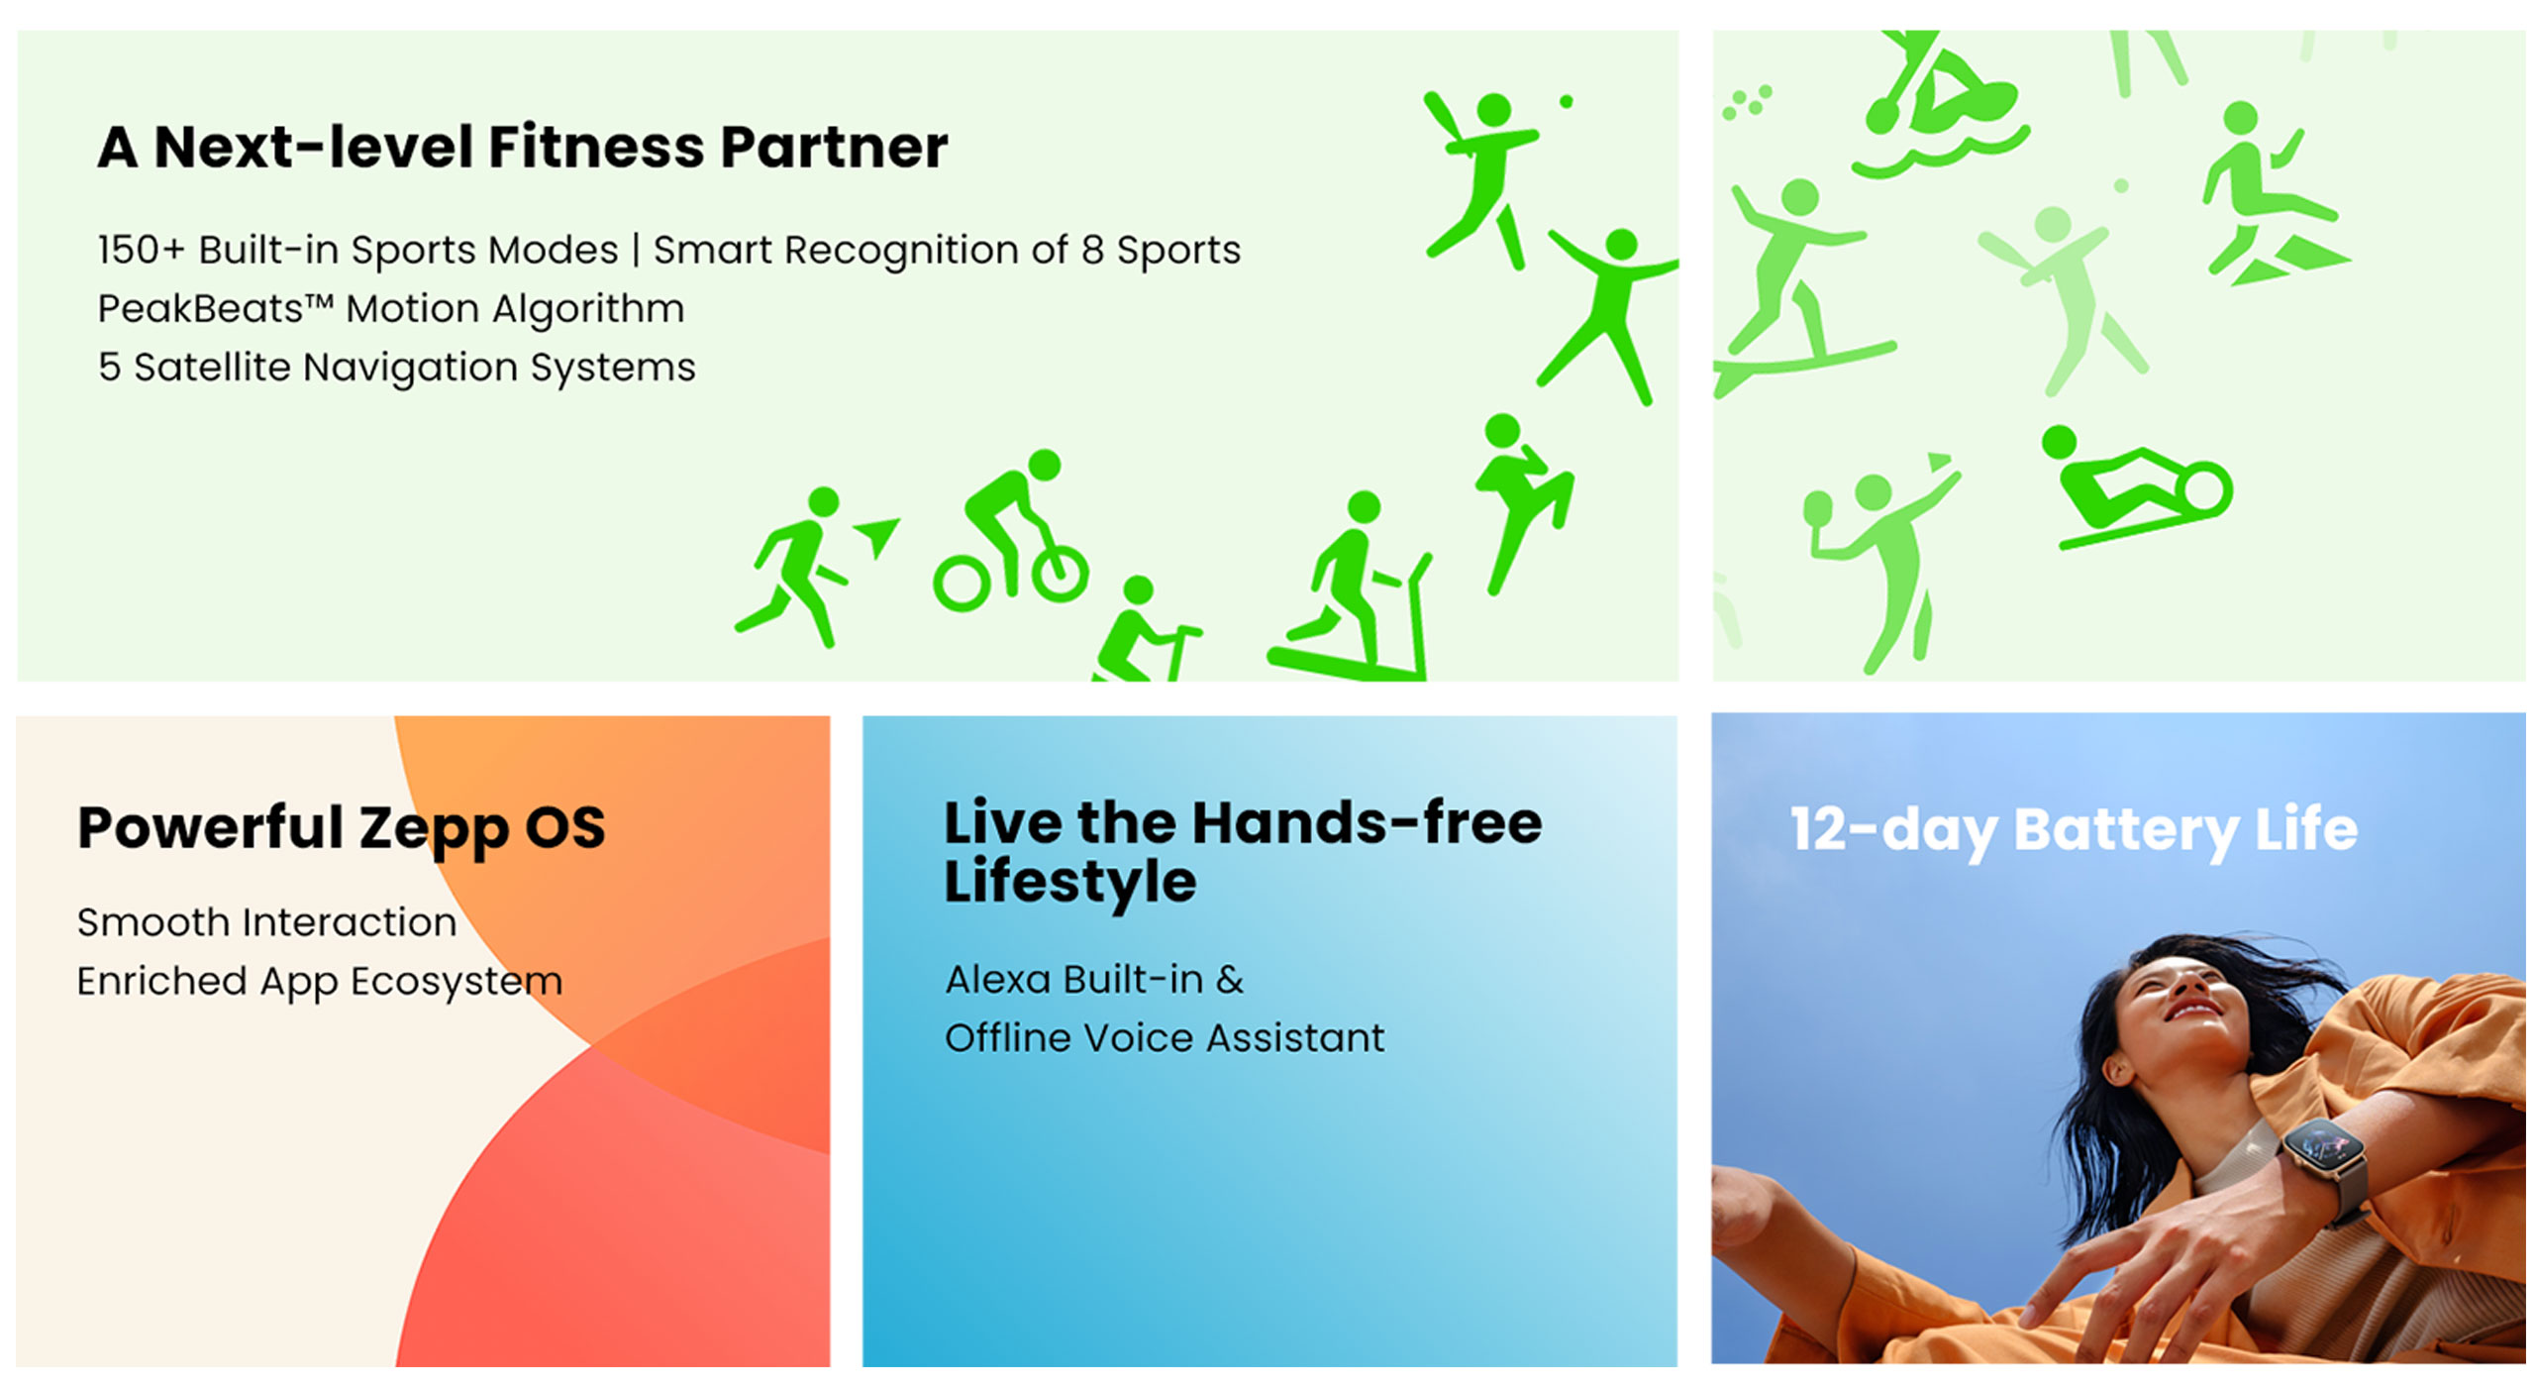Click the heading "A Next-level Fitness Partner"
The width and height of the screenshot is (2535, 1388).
click(x=522, y=148)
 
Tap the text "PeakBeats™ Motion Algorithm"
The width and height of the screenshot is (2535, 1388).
click(x=391, y=309)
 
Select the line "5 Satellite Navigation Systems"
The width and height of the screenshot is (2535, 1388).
click(x=396, y=368)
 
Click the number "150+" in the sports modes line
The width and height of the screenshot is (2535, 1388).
click(x=142, y=250)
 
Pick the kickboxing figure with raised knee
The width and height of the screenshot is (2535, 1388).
click(x=1520, y=500)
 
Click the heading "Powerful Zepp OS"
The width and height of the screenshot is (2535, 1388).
click(x=342, y=829)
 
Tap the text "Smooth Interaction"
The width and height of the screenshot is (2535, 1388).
click(x=267, y=922)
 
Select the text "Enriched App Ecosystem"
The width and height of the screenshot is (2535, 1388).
click(x=320, y=982)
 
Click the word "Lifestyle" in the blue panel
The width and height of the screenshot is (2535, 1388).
click(x=1070, y=881)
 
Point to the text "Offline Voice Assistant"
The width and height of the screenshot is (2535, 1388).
click(x=1165, y=1038)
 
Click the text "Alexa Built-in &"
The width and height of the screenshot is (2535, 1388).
click(x=1094, y=980)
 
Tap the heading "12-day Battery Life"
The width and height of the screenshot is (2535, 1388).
click(x=2074, y=829)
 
